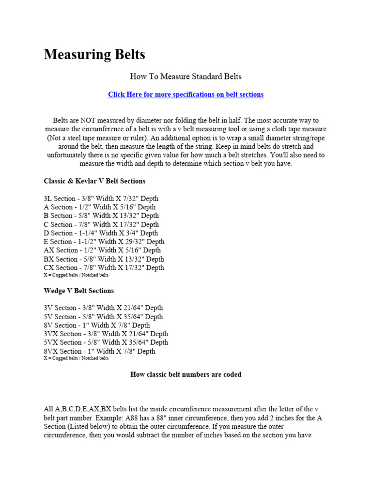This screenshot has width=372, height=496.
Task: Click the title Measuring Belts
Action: click(94, 55)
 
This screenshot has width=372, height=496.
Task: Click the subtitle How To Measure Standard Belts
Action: click(186, 77)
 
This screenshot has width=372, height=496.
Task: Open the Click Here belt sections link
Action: click(186, 94)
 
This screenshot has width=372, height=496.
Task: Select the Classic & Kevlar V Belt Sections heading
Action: click(94, 181)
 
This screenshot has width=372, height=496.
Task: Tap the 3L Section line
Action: click(101, 199)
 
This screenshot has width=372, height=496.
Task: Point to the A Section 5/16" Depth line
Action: click(100, 207)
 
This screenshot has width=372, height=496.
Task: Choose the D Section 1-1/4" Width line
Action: click(101, 233)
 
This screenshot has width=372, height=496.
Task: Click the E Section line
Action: click(104, 242)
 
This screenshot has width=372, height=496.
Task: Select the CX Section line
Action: click(104, 267)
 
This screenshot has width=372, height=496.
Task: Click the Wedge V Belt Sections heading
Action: click(79, 291)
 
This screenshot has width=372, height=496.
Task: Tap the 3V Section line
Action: click(103, 308)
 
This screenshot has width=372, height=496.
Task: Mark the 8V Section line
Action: click(97, 325)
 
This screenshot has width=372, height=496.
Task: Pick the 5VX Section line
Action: click(106, 342)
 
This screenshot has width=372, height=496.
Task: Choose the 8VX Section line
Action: click(99, 351)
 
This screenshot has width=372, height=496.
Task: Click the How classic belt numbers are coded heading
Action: click(186, 374)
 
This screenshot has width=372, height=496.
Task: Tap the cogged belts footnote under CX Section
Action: click(76, 275)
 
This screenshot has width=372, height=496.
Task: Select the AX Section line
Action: click(102, 250)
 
